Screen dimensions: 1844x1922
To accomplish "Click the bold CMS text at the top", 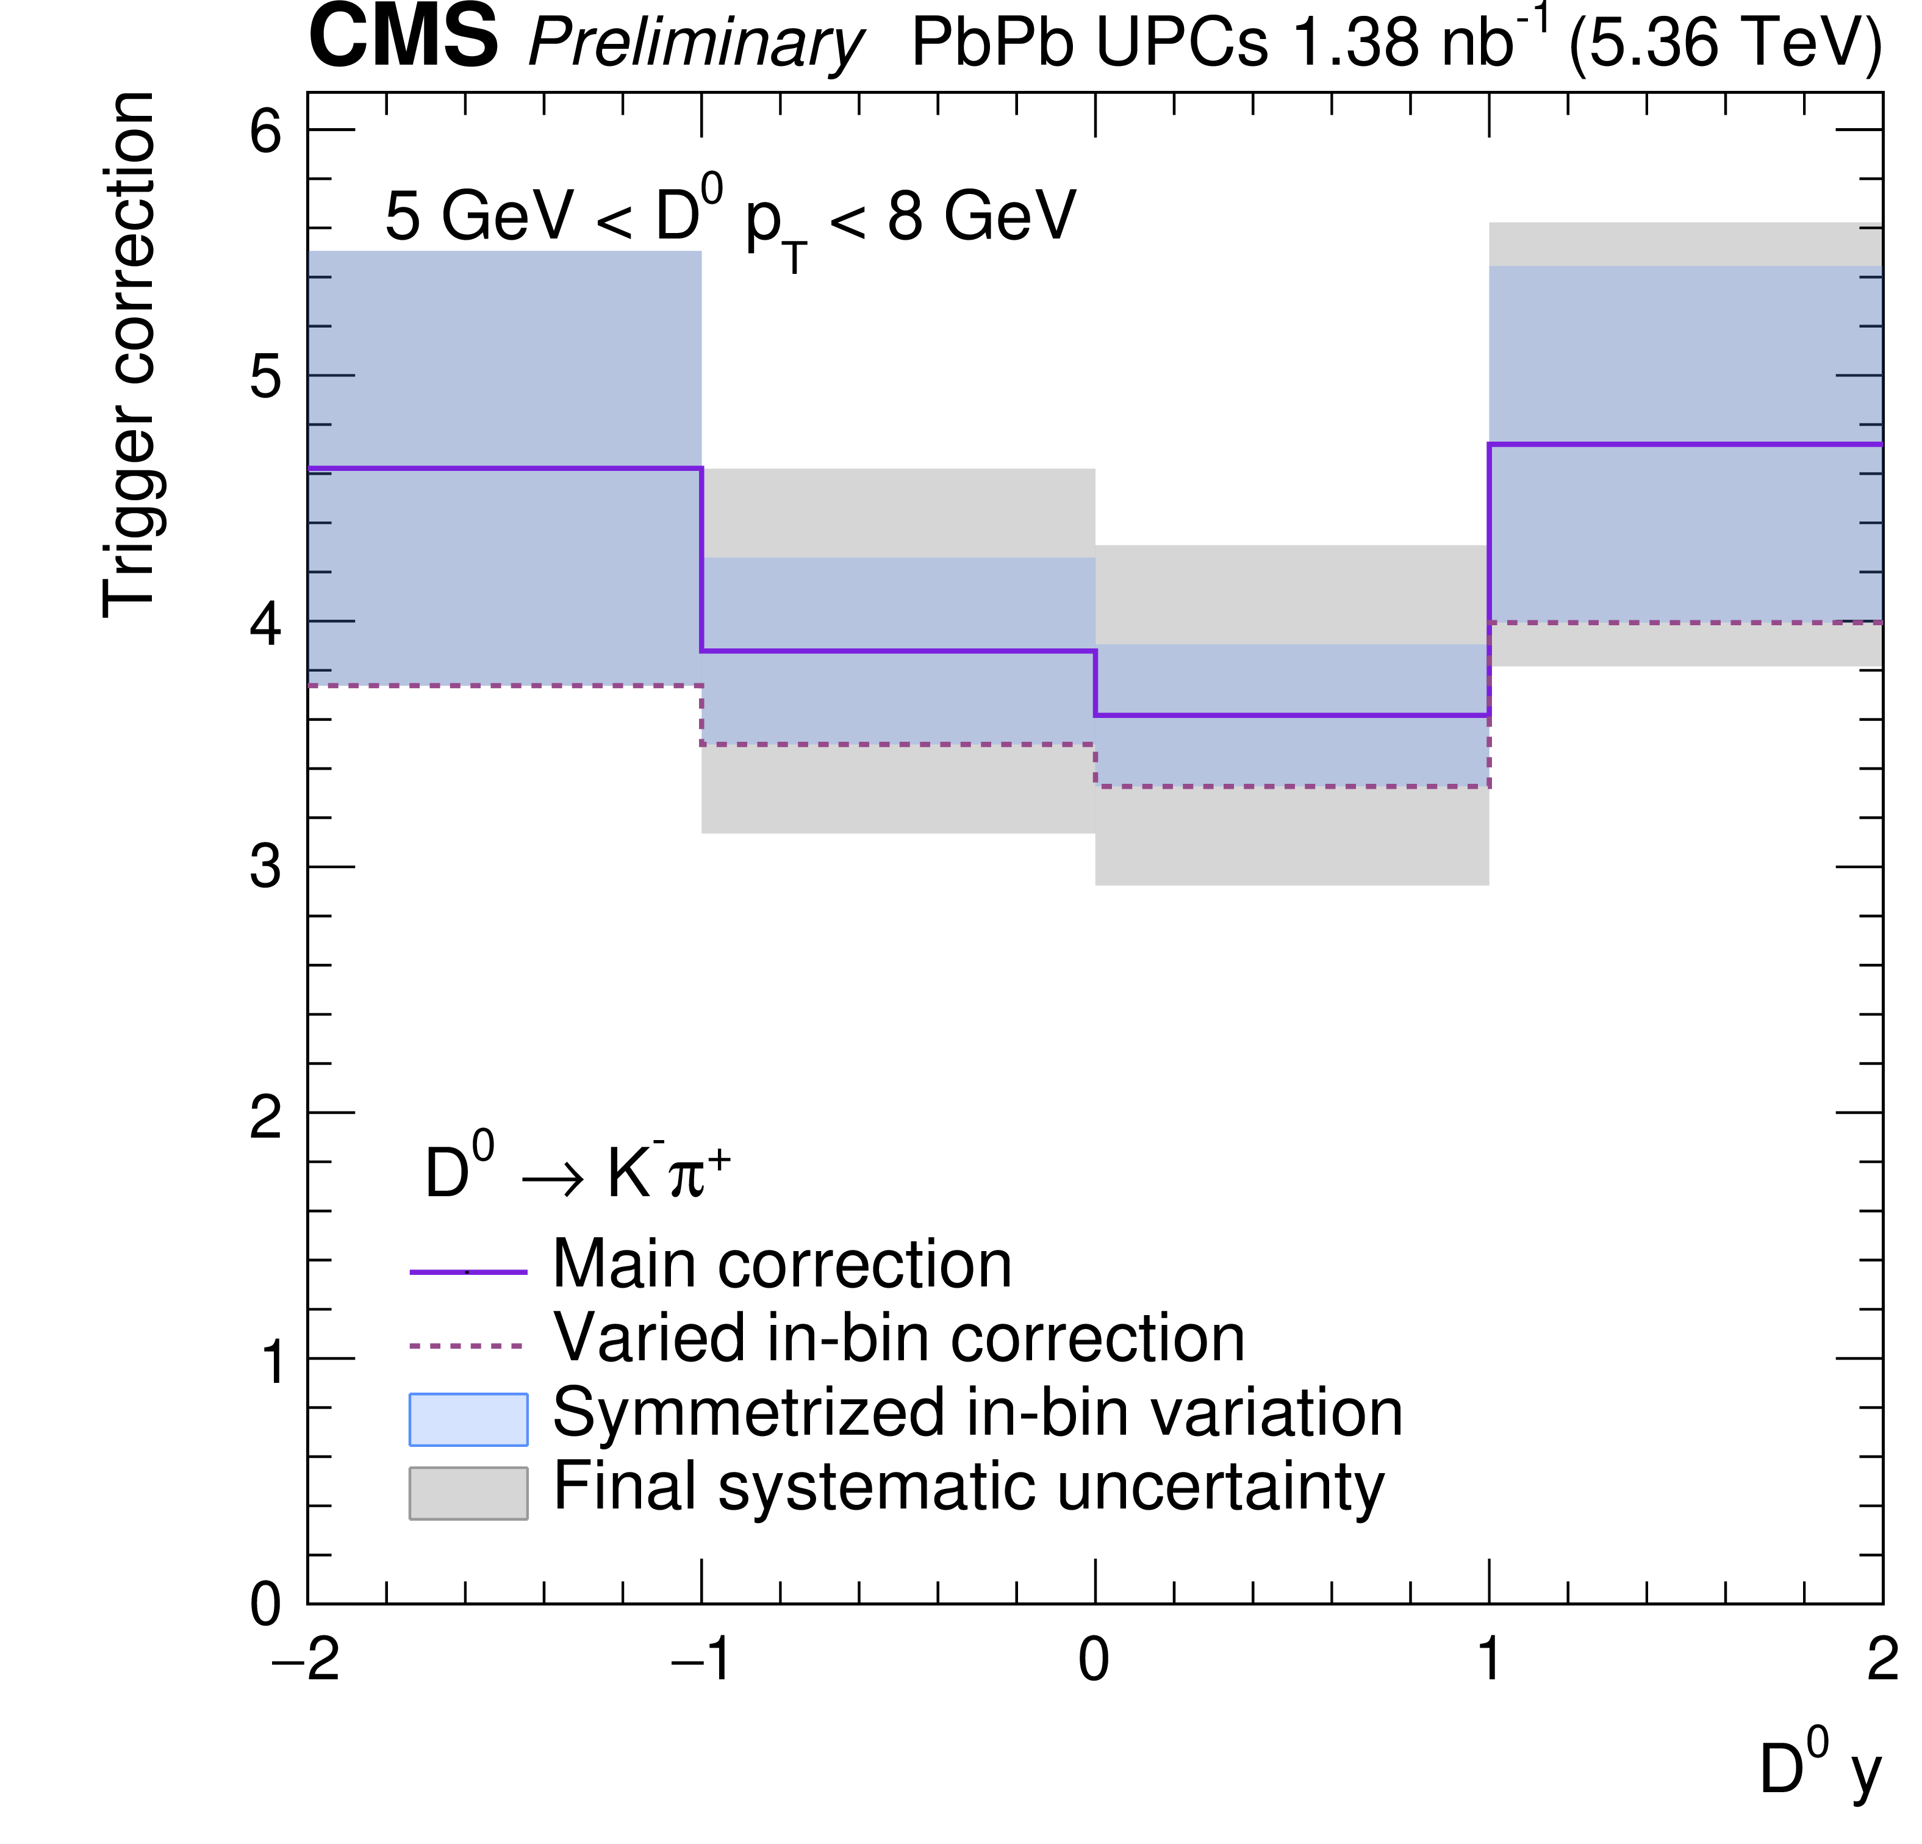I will pyautogui.click(x=403, y=37).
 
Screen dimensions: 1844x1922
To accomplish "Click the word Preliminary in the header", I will pyautogui.click(x=695, y=43).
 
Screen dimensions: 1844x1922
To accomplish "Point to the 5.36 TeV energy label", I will pyautogui.click(x=1725, y=43).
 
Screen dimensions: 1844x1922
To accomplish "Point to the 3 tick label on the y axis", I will pyautogui.click(x=266, y=867).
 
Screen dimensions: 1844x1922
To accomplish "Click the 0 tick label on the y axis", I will pyautogui.click(x=266, y=1605).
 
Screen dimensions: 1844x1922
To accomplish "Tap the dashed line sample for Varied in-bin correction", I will pyautogui.click(x=468, y=1346).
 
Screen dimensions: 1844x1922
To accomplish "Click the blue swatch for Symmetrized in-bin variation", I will pyautogui.click(x=468, y=1419).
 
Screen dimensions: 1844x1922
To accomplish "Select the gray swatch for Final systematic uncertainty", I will pyautogui.click(x=468, y=1493).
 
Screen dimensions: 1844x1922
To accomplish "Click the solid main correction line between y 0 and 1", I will pyautogui.click(x=1291, y=715).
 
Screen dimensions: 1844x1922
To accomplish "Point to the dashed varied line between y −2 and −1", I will pyautogui.click(x=504, y=686).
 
